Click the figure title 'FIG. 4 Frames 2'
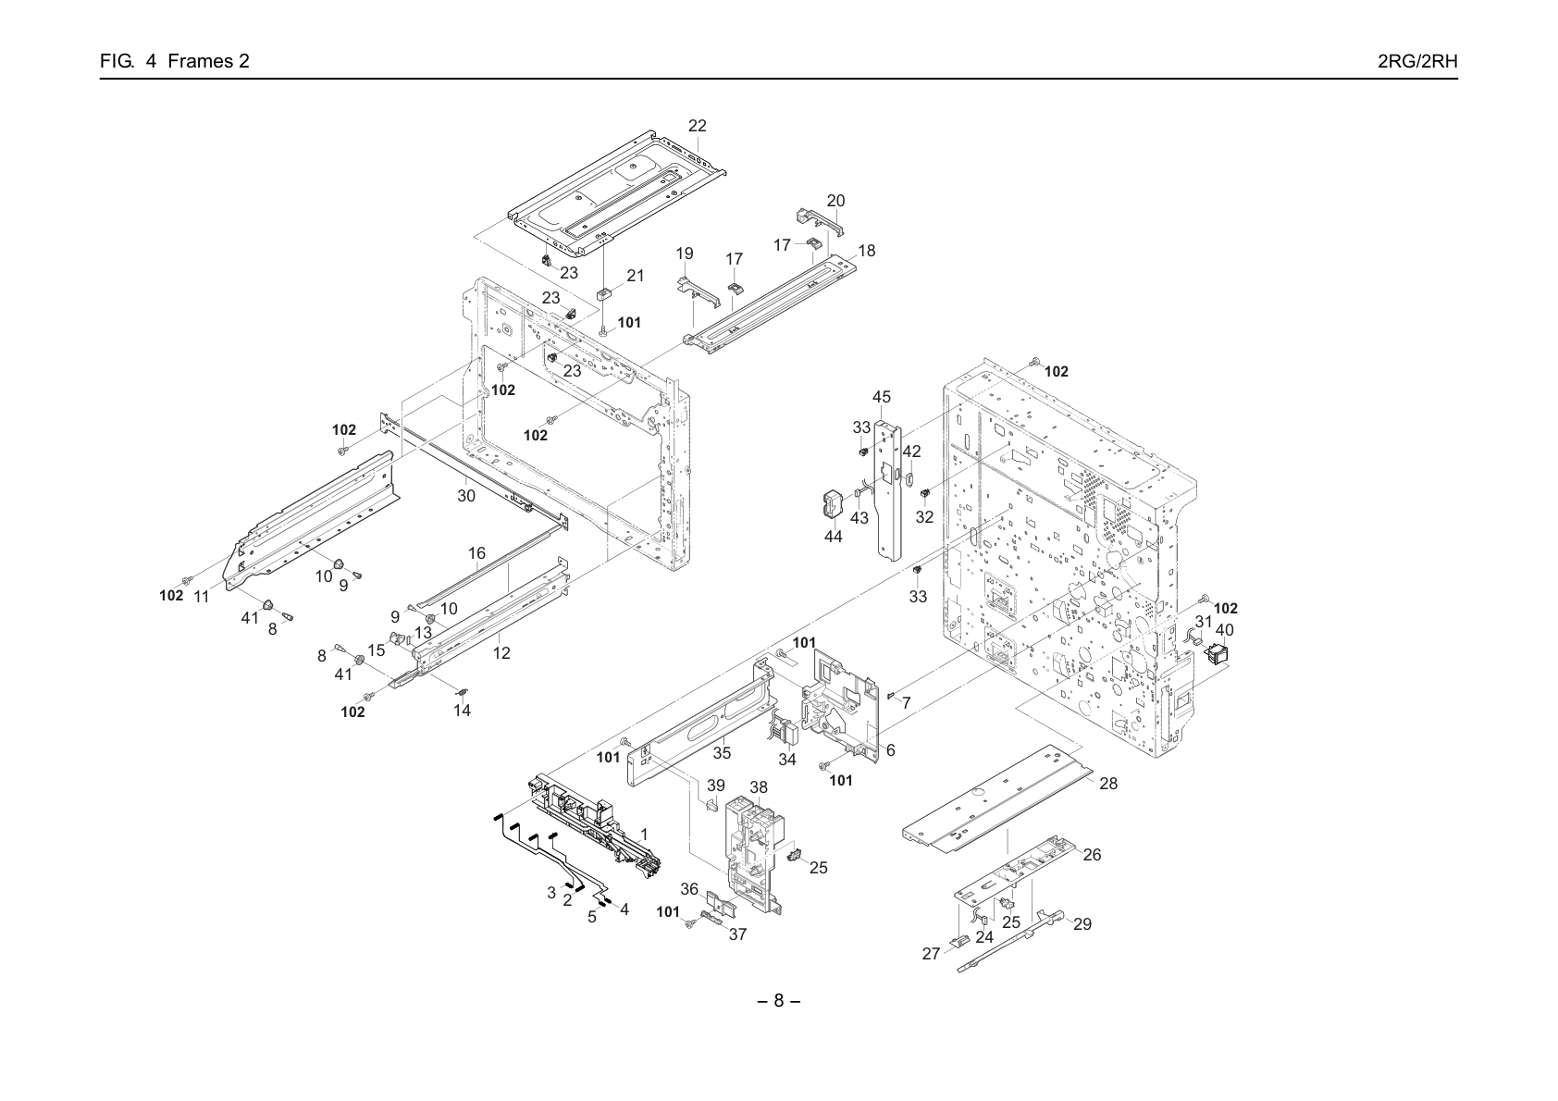175,61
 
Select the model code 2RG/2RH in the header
1417,61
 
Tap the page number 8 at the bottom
778,1000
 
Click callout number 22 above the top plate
697,126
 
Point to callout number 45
882,397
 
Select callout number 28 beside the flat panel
1108,784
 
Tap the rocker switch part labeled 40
1218,654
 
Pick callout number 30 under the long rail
466,496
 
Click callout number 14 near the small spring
462,711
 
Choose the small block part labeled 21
603,294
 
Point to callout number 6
890,750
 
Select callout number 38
758,787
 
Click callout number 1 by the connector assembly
644,834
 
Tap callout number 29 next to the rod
1082,924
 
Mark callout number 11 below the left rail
201,597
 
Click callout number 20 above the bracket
835,201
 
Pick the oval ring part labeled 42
909,478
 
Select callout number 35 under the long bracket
722,752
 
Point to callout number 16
476,553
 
